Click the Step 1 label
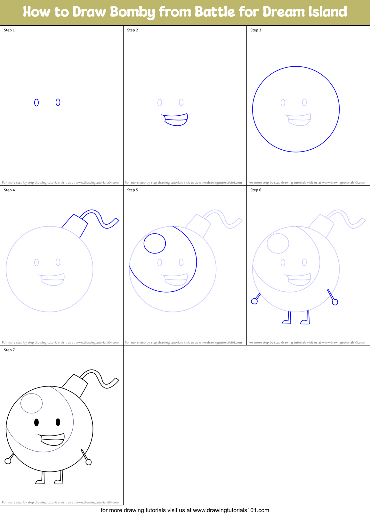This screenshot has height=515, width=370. pyautogui.click(x=9, y=30)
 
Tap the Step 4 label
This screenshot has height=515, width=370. pyautogui.click(x=9, y=190)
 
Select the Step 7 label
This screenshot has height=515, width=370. pyautogui.click(x=9, y=350)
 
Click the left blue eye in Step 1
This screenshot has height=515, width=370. pyautogui.click(x=36, y=103)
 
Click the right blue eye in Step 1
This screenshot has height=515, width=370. pyautogui.click(x=58, y=102)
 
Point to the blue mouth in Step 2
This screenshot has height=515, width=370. pyautogui.click(x=176, y=119)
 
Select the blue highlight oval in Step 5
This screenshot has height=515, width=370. pyautogui.click(x=155, y=243)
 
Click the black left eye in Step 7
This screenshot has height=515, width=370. pyautogui.click(x=36, y=422)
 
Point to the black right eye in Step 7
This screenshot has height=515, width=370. pyautogui.click(x=58, y=422)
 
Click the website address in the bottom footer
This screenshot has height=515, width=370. pyautogui.click(x=231, y=510)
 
